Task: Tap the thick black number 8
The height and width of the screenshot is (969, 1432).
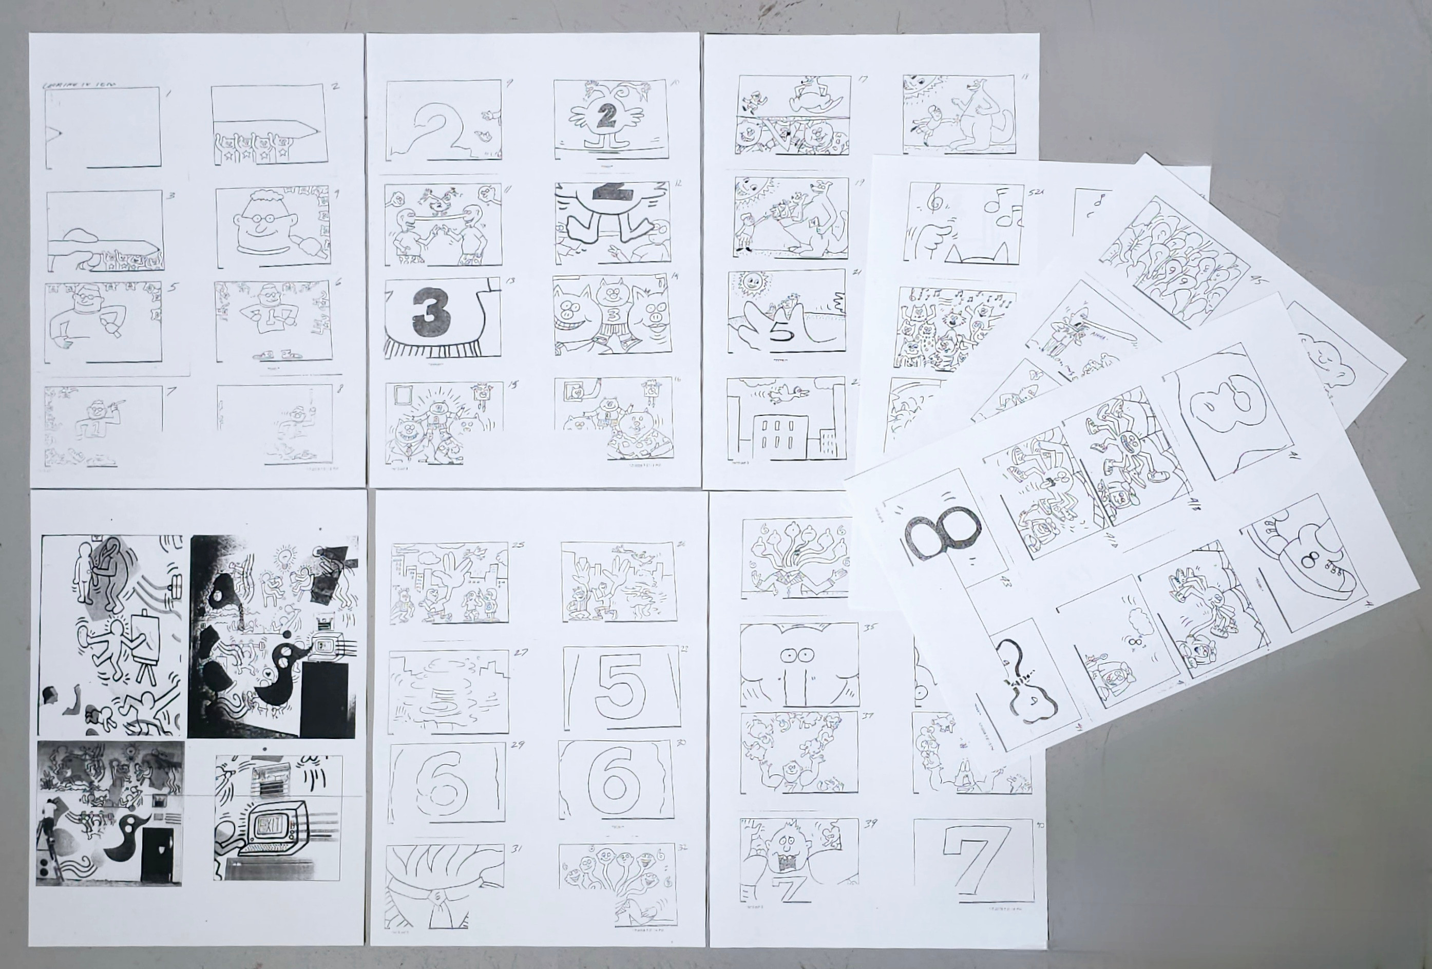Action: pyautogui.click(x=937, y=531)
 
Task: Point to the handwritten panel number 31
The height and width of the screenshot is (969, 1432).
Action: pyautogui.click(x=517, y=849)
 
